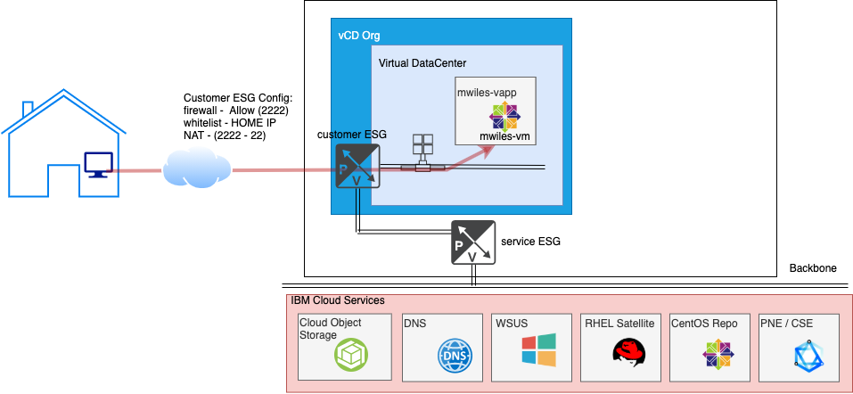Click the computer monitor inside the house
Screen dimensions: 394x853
pos(97,164)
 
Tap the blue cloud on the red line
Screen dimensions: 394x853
pos(196,167)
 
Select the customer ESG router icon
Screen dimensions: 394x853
pos(357,167)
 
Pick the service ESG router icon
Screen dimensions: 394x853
pos(472,242)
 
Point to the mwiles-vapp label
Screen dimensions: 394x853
pos(486,93)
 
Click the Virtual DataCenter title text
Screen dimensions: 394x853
pos(422,63)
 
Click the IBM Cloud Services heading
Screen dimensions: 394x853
pos(338,301)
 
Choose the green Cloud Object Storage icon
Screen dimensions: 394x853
pos(350,357)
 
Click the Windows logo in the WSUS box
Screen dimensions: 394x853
pos(538,350)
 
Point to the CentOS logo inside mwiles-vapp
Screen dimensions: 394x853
pos(504,116)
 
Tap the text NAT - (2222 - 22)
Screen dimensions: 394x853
pos(225,135)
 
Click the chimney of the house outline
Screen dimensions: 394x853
pos(28,109)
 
